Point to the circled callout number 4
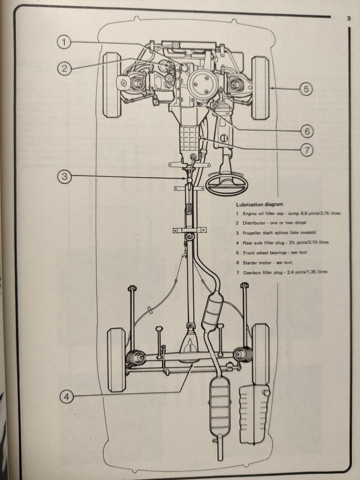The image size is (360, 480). coord(66,397)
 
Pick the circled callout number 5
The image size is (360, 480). coord(306,89)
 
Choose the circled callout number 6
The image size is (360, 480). coord(306,131)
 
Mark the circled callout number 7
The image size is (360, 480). coord(306,150)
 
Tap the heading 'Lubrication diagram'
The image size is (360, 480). coord(259,205)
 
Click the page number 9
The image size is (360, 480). coord(349,19)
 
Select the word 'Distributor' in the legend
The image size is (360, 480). coord(255,223)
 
